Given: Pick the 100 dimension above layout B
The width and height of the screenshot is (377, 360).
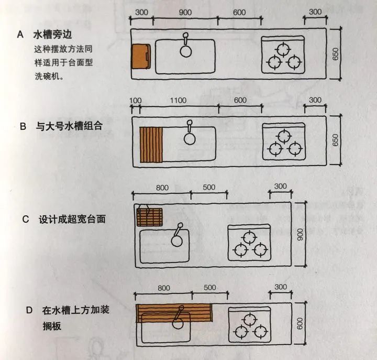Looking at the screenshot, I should (135, 100).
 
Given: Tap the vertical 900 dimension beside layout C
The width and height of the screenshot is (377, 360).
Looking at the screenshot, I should (300, 235).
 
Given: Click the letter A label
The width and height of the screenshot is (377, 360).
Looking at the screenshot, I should (20, 35).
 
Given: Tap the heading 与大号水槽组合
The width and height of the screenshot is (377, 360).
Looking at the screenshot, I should (65, 126).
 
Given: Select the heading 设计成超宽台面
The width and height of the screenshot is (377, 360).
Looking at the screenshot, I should (72, 219).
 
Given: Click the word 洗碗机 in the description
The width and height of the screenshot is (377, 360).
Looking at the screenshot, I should (48, 75).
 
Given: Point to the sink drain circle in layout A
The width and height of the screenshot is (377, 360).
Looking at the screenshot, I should (186, 51).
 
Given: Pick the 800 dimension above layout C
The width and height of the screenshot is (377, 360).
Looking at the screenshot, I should (163, 187).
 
